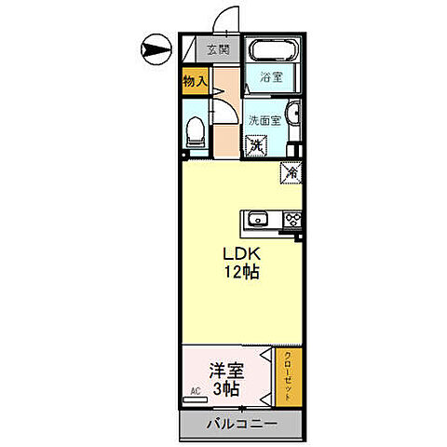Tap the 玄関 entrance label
pos(218,50)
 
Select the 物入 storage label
pos(194,82)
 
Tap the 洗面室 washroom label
pos(264,120)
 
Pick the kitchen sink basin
pos(258,221)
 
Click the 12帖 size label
pos(240,273)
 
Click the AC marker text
pos(196,391)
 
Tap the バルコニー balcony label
pos(241,424)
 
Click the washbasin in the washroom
pos(294,115)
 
